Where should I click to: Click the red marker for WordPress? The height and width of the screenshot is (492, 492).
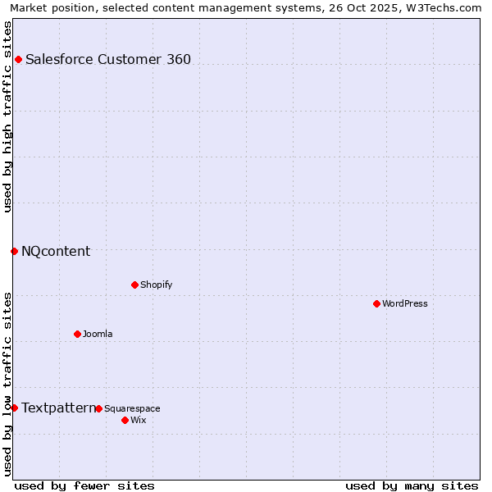376,303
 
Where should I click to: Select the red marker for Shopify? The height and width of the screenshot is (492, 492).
134,285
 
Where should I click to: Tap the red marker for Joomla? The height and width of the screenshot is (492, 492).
77,334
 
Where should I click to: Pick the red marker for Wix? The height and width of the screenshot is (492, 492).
125,420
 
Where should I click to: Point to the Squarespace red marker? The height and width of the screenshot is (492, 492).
98,408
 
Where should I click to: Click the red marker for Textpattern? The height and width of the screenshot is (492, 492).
14,408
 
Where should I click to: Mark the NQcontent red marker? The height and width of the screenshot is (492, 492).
14,251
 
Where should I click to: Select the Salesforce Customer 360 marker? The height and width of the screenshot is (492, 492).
18,59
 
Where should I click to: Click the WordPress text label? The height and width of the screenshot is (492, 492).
405,303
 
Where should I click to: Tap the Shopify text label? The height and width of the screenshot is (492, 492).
156,285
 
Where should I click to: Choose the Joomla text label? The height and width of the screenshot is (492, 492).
98,334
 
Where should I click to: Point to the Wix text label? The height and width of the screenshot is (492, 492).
138,420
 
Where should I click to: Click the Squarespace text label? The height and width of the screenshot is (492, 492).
132,408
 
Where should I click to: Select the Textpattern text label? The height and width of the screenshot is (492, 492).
58,408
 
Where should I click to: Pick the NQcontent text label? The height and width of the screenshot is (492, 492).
56,251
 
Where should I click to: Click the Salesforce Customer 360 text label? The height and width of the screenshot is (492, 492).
108,59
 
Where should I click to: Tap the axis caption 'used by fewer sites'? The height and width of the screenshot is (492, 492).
84,485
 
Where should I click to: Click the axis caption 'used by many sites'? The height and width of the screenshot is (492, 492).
412,485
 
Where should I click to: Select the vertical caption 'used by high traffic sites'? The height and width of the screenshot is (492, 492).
7,116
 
